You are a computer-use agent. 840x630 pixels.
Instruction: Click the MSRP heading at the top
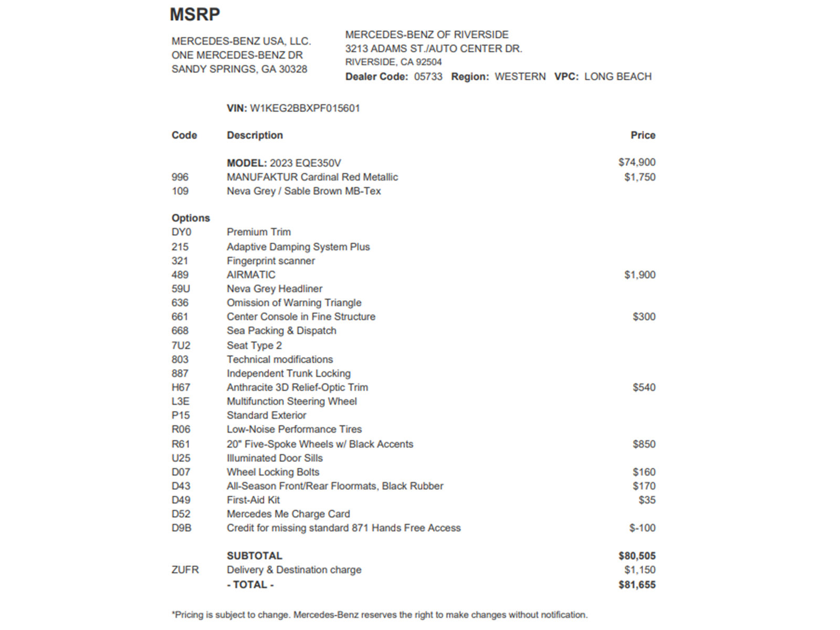point(195,15)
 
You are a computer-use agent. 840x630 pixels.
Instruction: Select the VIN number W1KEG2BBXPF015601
point(304,109)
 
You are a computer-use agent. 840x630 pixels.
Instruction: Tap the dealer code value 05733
point(428,77)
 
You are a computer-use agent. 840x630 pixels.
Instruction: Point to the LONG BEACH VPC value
point(617,77)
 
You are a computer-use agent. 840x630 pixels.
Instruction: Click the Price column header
point(643,135)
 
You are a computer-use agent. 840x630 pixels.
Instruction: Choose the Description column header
point(255,135)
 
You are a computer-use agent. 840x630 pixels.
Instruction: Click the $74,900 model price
point(636,162)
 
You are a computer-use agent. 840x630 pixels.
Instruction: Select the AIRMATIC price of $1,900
point(639,275)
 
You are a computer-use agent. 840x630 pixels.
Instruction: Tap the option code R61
point(181,444)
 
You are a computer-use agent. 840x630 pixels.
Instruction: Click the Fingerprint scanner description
point(270,261)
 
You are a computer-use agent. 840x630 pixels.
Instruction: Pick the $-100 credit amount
point(642,528)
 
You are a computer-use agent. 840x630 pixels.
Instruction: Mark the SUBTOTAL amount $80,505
point(637,556)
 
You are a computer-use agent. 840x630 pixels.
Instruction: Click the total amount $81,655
point(637,585)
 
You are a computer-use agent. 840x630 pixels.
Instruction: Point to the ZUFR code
point(185,570)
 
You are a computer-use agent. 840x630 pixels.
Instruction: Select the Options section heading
point(191,218)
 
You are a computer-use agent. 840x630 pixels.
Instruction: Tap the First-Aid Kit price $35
point(647,500)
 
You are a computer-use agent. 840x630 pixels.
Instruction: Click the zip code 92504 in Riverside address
point(429,62)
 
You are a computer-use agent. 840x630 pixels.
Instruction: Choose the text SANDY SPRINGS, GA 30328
point(239,69)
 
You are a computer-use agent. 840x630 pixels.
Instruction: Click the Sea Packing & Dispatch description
point(281,331)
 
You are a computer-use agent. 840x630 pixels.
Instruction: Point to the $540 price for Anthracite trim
point(644,387)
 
